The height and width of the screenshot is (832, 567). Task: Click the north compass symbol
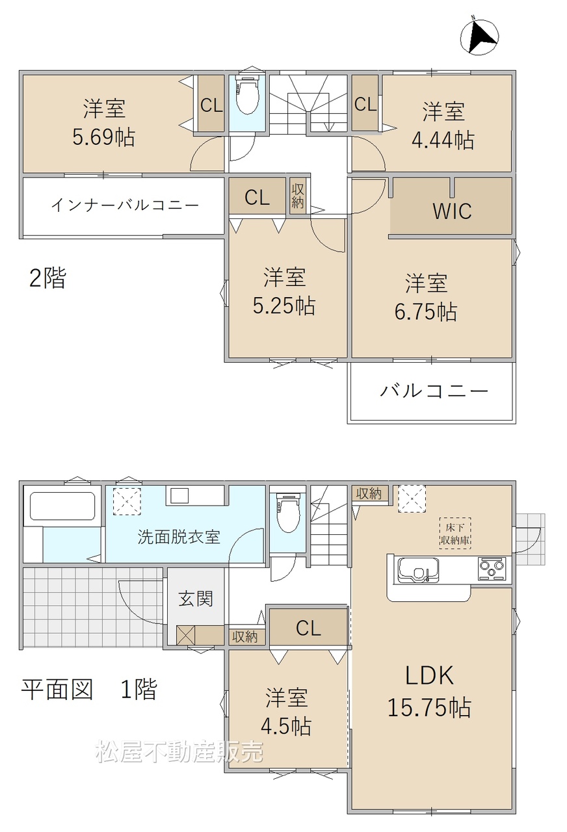pos(479,37)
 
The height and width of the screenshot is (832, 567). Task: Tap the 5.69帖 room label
pos(103,123)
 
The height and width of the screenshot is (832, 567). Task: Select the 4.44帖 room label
pos(443,125)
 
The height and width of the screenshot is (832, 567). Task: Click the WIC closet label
pos(452,211)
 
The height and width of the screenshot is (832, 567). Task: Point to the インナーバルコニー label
pos(125,205)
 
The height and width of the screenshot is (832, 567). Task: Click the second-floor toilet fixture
pos(246,95)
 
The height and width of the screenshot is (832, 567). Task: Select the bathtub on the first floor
pos(62,506)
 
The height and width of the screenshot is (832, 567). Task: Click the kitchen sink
pos(418,570)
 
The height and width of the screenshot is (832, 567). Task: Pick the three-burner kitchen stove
pos(492,569)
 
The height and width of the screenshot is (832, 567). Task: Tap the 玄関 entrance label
pos(196,599)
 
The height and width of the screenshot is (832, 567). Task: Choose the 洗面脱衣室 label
pos(179,537)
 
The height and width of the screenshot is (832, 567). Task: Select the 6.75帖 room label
pos(426,297)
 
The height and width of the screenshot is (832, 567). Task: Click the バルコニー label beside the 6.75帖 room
pos(434,391)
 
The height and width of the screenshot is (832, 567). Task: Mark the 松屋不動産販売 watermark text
pos(179,752)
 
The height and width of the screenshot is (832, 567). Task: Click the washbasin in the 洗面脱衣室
pos(179,496)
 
